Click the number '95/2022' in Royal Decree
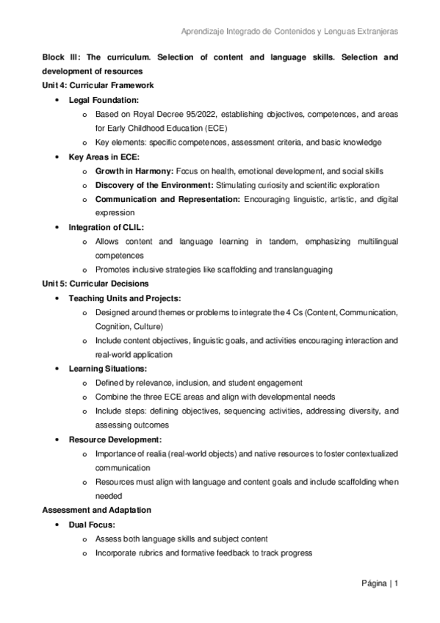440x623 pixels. point(181,114)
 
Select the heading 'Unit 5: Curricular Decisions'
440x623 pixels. point(95,284)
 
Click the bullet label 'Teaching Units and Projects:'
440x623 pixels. point(125,298)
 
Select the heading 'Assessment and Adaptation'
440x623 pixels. point(96,510)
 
